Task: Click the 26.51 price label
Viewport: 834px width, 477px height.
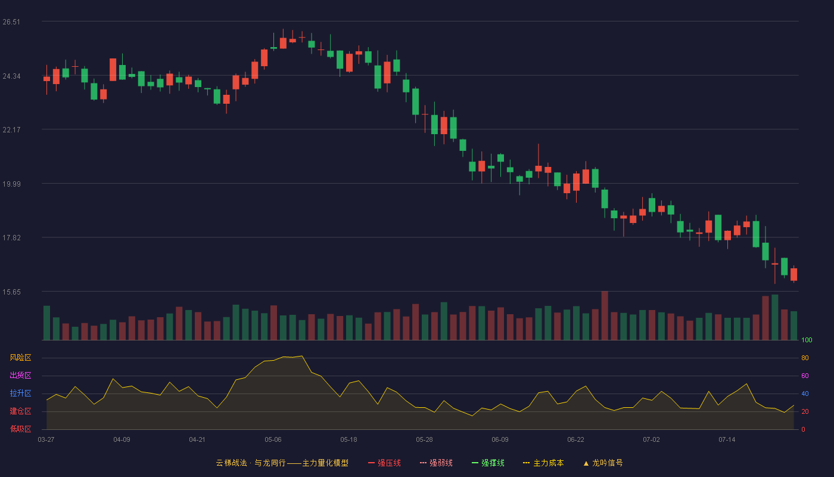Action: (11, 22)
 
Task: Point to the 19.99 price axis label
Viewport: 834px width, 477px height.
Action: (11, 184)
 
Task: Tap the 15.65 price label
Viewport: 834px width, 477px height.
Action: (11, 292)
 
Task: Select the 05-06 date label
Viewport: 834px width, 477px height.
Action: (273, 440)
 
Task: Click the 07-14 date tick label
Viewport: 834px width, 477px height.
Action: (727, 440)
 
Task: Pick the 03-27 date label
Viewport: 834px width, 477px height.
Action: (46, 440)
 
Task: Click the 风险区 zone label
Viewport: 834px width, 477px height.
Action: (20, 358)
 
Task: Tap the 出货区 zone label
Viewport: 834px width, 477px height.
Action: (20, 376)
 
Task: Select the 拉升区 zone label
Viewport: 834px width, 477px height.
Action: (20, 394)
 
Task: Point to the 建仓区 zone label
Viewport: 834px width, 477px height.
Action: (20, 411)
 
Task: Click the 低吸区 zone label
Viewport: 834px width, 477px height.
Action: (20, 429)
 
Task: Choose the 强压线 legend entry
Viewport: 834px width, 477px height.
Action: (384, 463)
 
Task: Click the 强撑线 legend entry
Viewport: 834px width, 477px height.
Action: (488, 463)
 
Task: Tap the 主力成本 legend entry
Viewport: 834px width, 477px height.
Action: (543, 463)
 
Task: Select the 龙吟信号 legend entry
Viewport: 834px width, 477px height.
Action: (603, 463)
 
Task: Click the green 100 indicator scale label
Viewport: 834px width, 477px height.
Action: (807, 340)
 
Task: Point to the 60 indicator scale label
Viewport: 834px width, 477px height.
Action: (805, 376)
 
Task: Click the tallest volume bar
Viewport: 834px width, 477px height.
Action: (605, 315)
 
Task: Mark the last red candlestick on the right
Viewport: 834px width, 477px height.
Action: (793, 274)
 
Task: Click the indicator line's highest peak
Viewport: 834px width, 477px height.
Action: (302, 356)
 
